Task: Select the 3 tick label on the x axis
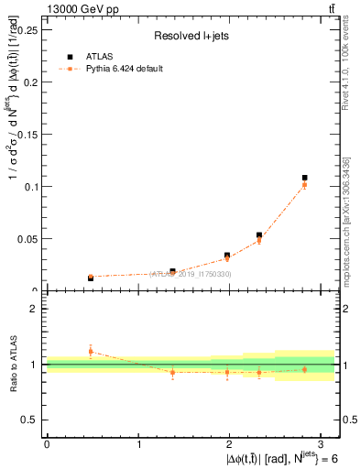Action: tap(322, 442)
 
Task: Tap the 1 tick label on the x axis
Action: tap(138, 442)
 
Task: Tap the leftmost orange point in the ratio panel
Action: tap(91, 351)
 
